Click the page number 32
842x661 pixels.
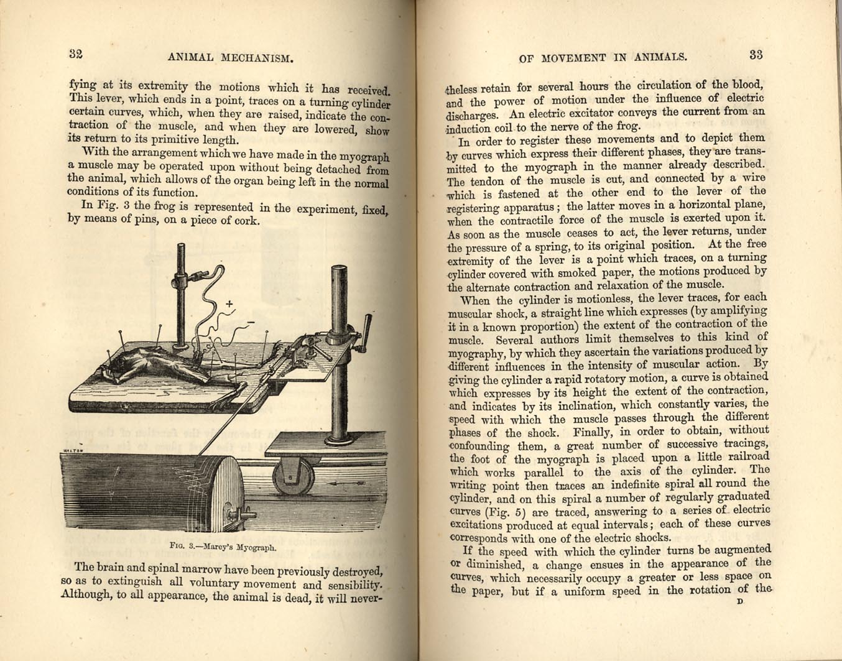76,53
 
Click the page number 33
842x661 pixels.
756,55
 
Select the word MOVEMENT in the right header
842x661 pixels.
571,57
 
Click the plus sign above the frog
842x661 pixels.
229,303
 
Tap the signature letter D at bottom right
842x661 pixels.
739,602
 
